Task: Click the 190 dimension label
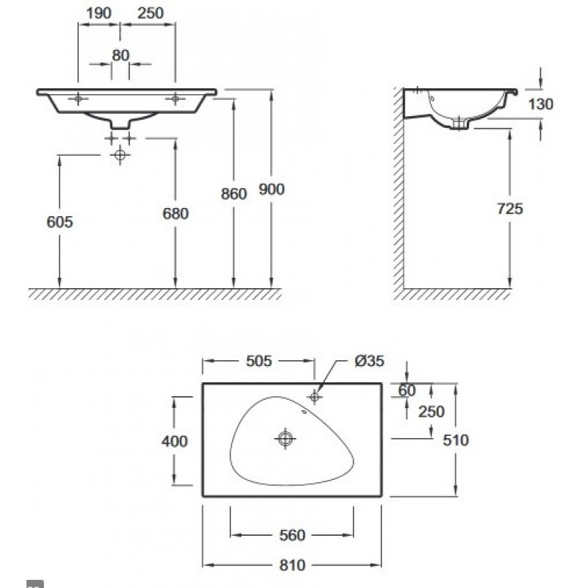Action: [x=98, y=13]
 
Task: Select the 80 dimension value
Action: [x=121, y=56]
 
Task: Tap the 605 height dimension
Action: [x=60, y=222]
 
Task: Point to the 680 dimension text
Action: [x=176, y=214]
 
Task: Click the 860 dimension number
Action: [x=234, y=194]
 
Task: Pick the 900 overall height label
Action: [x=271, y=190]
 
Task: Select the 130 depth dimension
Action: [x=540, y=104]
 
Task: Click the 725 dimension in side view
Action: [x=509, y=209]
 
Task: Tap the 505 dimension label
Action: [x=259, y=361]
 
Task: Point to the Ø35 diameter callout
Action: [x=370, y=361]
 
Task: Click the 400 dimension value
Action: [x=174, y=442]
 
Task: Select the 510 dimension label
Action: [x=456, y=440]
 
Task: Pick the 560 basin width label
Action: [x=292, y=535]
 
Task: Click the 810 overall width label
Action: [x=292, y=565]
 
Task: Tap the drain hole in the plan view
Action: [x=285, y=438]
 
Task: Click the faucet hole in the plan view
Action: [x=315, y=396]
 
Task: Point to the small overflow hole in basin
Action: [x=304, y=412]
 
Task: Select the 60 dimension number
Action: [x=407, y=391]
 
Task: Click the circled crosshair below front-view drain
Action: [x=120, y=154]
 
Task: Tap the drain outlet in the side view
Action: [x=459, y=123]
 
